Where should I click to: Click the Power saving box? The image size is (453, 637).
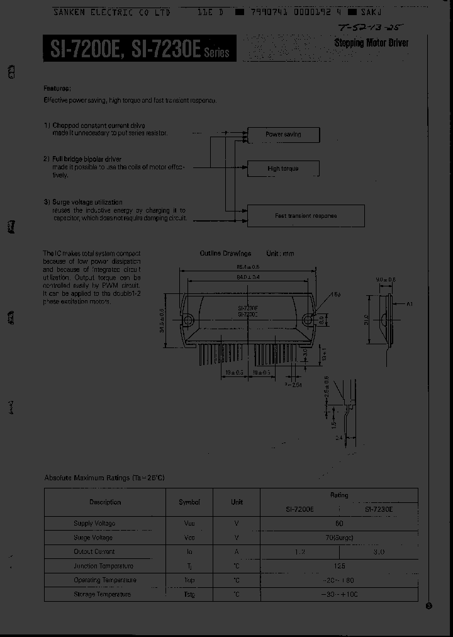pos(283,135)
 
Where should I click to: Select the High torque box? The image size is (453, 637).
pos(283,169)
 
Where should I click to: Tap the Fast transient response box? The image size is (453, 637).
pos(306,216)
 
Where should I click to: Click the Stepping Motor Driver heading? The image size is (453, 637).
pos(371,43)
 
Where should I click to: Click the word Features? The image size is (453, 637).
pos(57,88)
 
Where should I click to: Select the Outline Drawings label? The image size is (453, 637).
pos(225,253)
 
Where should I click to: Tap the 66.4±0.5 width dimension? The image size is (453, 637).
pos(247,267)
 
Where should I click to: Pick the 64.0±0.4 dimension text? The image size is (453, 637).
pos(247,276)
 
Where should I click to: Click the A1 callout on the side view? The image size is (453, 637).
pos(410,304)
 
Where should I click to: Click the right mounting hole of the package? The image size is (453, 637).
pos(308,319)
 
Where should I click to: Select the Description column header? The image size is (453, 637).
pos(105,502)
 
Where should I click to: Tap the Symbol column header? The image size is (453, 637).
pos(189,502)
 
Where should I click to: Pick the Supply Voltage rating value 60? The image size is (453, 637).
pos(339,523)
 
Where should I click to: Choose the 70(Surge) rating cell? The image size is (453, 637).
pos(339,538)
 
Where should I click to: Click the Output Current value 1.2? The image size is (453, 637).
pos(300,551)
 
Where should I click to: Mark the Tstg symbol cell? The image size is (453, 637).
pos(189,594)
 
